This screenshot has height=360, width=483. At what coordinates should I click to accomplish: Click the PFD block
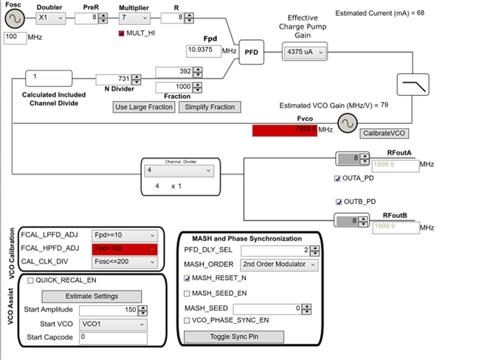(251, 53)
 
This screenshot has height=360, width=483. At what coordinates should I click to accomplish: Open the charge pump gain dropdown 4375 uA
(305, 52)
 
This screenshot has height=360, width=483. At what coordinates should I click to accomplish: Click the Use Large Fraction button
(143, 107)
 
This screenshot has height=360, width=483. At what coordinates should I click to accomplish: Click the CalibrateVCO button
(383, 133)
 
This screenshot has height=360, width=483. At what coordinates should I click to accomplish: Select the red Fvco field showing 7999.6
(284, 130)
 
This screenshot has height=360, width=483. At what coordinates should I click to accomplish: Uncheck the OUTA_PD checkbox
(338, 179)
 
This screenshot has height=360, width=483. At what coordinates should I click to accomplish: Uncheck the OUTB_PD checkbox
(338, 202)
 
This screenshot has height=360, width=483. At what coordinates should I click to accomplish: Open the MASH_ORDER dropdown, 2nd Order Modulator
(277, 264)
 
